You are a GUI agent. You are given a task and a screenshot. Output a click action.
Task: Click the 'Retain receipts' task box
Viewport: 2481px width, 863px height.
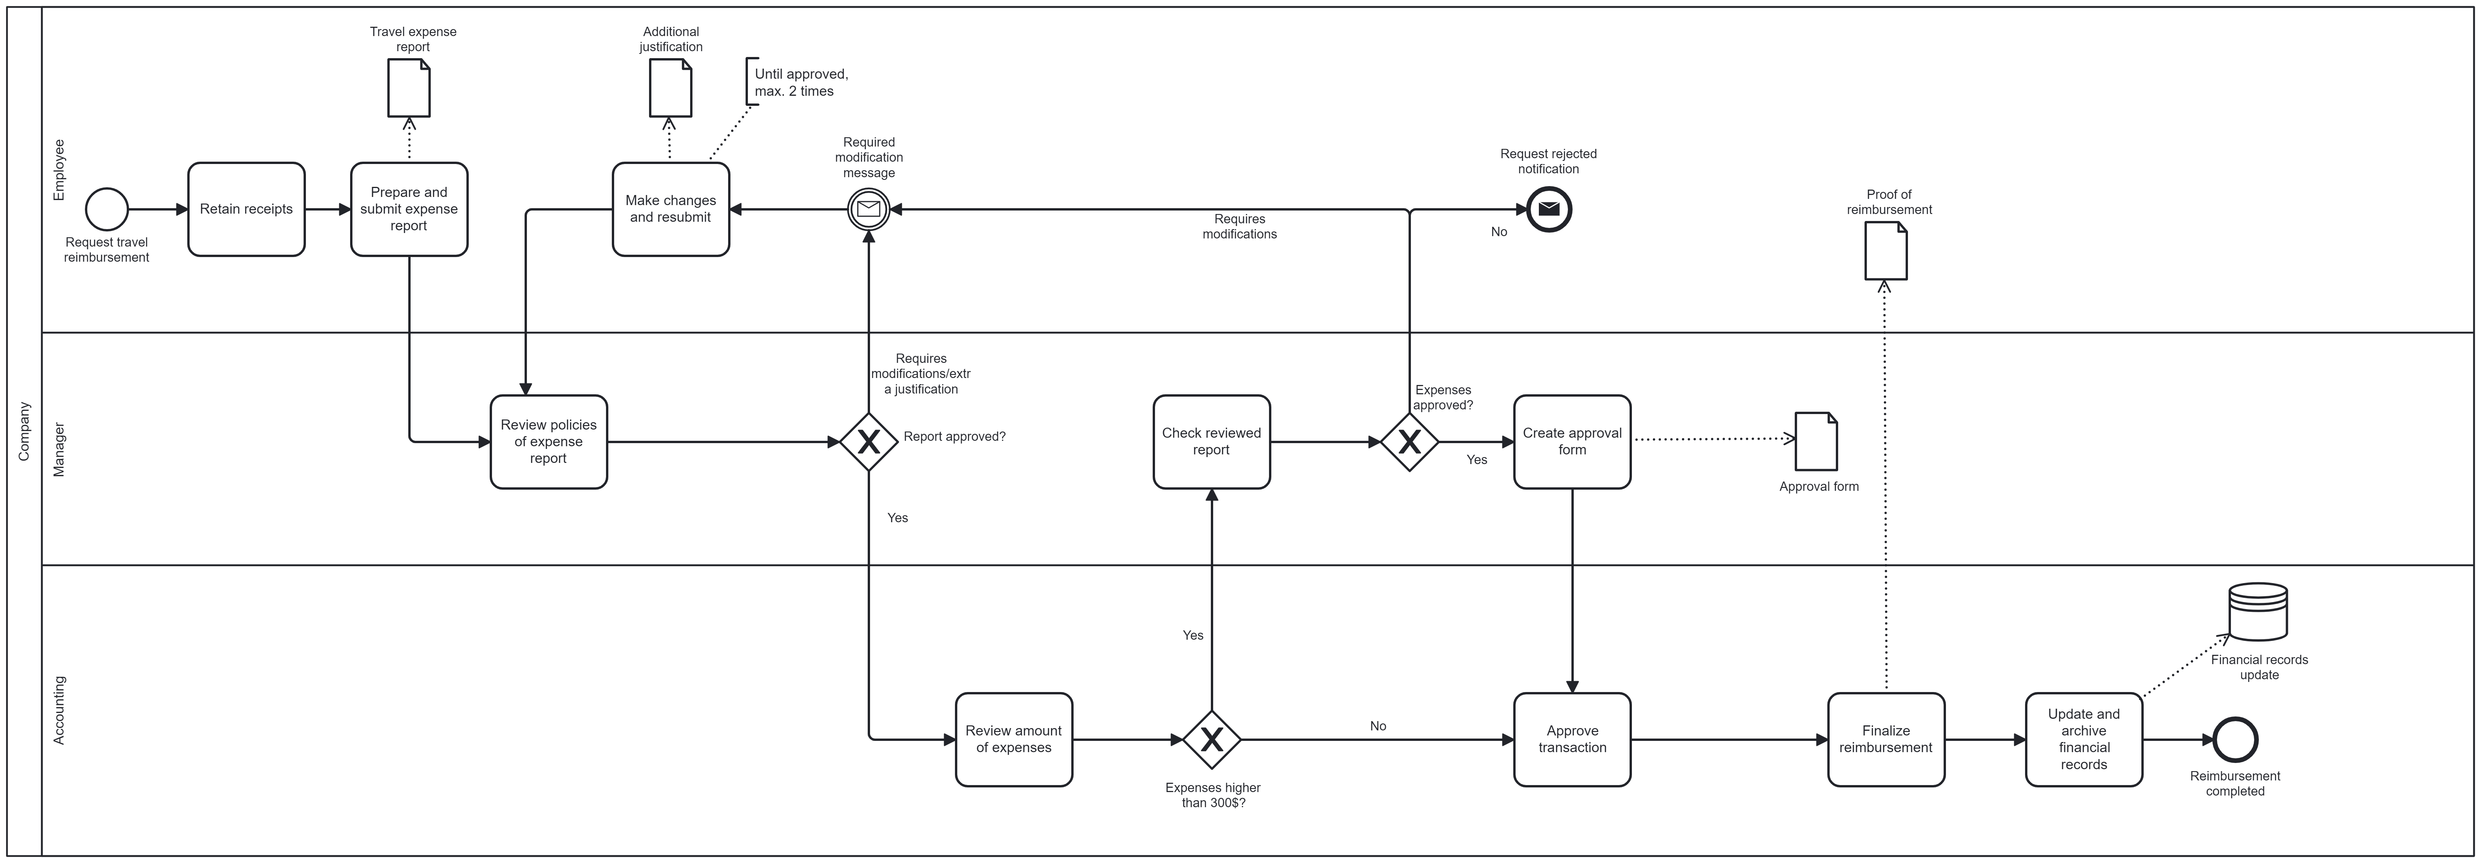(x=247, y=209)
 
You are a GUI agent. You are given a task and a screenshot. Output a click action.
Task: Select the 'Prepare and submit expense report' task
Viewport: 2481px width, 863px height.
(x=409, y=209)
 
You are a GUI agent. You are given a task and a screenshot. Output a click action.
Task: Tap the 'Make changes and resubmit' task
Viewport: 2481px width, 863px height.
(x=671, y=209)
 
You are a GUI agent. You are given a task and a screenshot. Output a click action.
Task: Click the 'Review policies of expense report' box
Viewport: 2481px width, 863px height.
(x=549, y=442)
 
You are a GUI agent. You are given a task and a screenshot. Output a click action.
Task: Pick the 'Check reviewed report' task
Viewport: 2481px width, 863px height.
(x=1212, y=442)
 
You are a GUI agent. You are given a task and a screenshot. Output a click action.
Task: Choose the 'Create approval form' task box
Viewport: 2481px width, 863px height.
(x=1573, y=442)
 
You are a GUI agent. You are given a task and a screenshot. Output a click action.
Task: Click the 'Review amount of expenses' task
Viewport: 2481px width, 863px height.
(x=1014, y=740)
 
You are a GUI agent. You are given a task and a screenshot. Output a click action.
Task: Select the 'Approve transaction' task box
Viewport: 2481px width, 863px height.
(x=1573, y=740)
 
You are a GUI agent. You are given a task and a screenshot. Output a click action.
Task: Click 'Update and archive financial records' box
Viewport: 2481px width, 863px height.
(x=2084, y=740)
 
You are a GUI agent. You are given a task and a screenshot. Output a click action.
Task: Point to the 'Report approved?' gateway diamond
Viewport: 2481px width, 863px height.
(x=869, y=442)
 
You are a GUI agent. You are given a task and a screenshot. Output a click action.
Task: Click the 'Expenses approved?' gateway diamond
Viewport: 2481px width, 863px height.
(x=1410, y=442)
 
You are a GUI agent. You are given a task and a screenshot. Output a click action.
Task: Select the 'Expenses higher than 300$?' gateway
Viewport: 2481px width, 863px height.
(x=1212, y=740)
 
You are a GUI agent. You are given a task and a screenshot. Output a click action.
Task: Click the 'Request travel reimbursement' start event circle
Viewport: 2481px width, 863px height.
(x=107, y=209)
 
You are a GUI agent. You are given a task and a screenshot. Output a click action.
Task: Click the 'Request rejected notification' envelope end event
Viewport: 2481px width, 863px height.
(x=1550, y=209)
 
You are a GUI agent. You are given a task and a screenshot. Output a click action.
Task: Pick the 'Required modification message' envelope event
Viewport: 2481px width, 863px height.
(x=869, y=209)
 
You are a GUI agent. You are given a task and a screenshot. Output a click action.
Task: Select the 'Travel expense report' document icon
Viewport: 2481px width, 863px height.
(x=409, y=88)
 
